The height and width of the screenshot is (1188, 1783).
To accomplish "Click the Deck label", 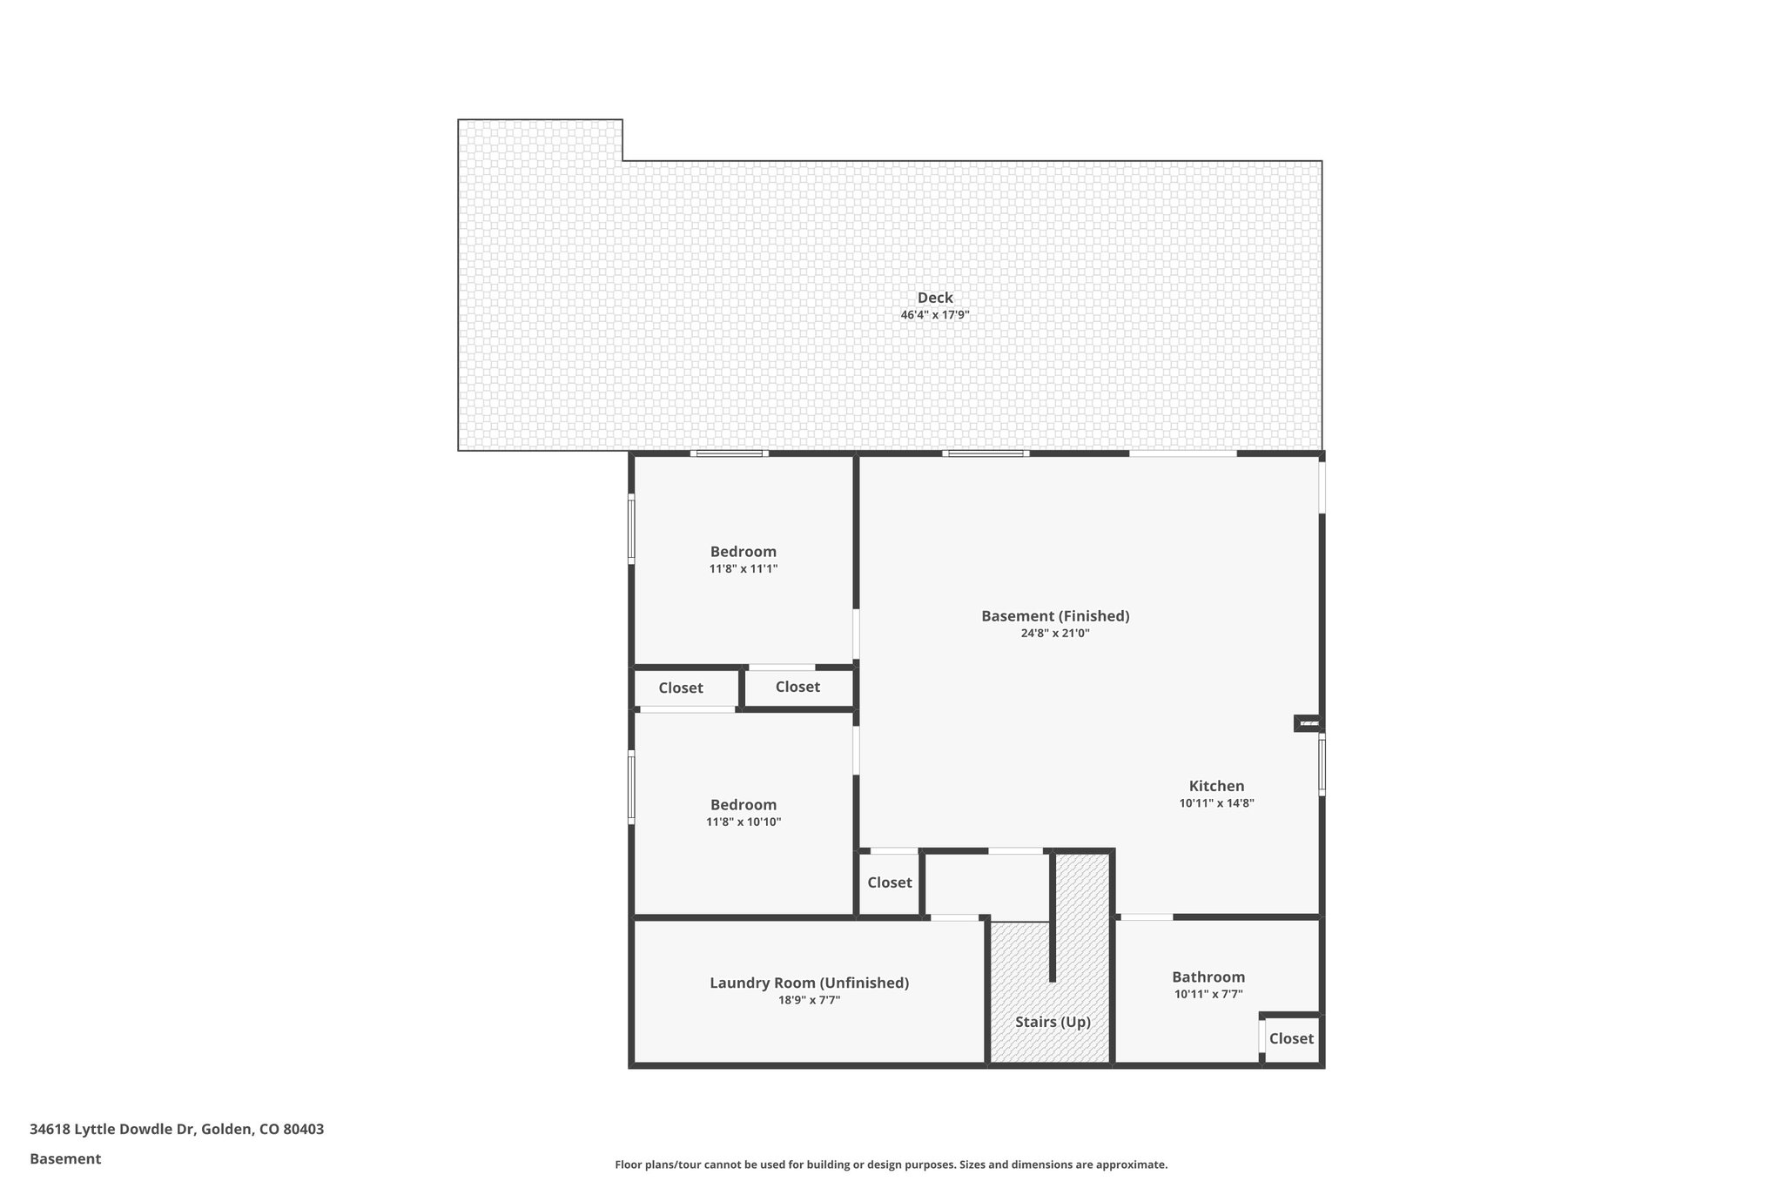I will pyautogui.click(x=935, y=298).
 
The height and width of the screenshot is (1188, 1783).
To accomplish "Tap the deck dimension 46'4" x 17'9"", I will pyautogui.click(x=935, y=315).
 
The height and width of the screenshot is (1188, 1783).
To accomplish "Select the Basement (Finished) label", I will pyautogui.click(x=1055, y=616).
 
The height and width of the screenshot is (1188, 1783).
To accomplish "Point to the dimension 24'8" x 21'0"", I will pyautogui.click(x=1055, y=634).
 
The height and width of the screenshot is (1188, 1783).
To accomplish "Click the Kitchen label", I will pyautogui.click(x=1216, y=786).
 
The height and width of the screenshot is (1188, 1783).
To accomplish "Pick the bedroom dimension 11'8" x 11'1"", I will pyautogui.click(x=743, y=569).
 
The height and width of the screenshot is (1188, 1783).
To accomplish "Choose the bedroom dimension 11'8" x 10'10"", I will pyautogui.click(x=743, y=822).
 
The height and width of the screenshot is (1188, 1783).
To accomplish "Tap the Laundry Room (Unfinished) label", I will pyautogui.click(x=809, y=983).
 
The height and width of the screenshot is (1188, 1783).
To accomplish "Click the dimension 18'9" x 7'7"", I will pyautogui.click(x=809, y=1001).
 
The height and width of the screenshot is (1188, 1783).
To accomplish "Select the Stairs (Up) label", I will pyautogui.click(x=1053, y=1022).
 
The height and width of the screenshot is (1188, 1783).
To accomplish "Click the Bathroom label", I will pyautogui.click(x=1208, y=977).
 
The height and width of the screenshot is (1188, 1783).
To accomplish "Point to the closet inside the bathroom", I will pyautogui.click(x=1291, y=1038).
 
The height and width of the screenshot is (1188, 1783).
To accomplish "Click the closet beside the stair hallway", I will pyautogui.click(x=889, y=883).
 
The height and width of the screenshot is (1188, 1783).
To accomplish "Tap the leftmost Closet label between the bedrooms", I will pyautogui.click(x=680, y=688).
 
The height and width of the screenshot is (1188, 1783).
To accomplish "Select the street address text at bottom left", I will pyautogui.click(x=177, y=1130).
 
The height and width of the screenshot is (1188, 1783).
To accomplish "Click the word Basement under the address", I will pyautogui.click(x=65, y=1159).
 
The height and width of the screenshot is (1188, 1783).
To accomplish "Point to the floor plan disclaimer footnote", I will pyautogui.click(x=891, y=1165).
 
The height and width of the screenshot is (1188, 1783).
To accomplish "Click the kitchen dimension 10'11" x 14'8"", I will pyautogui.click(x=1216, y=803).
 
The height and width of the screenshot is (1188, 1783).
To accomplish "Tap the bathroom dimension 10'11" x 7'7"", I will pyautogui.click(x=1208, y=994).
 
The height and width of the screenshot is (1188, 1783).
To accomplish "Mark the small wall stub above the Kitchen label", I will pyautogui.click(x=1308, y=722).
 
